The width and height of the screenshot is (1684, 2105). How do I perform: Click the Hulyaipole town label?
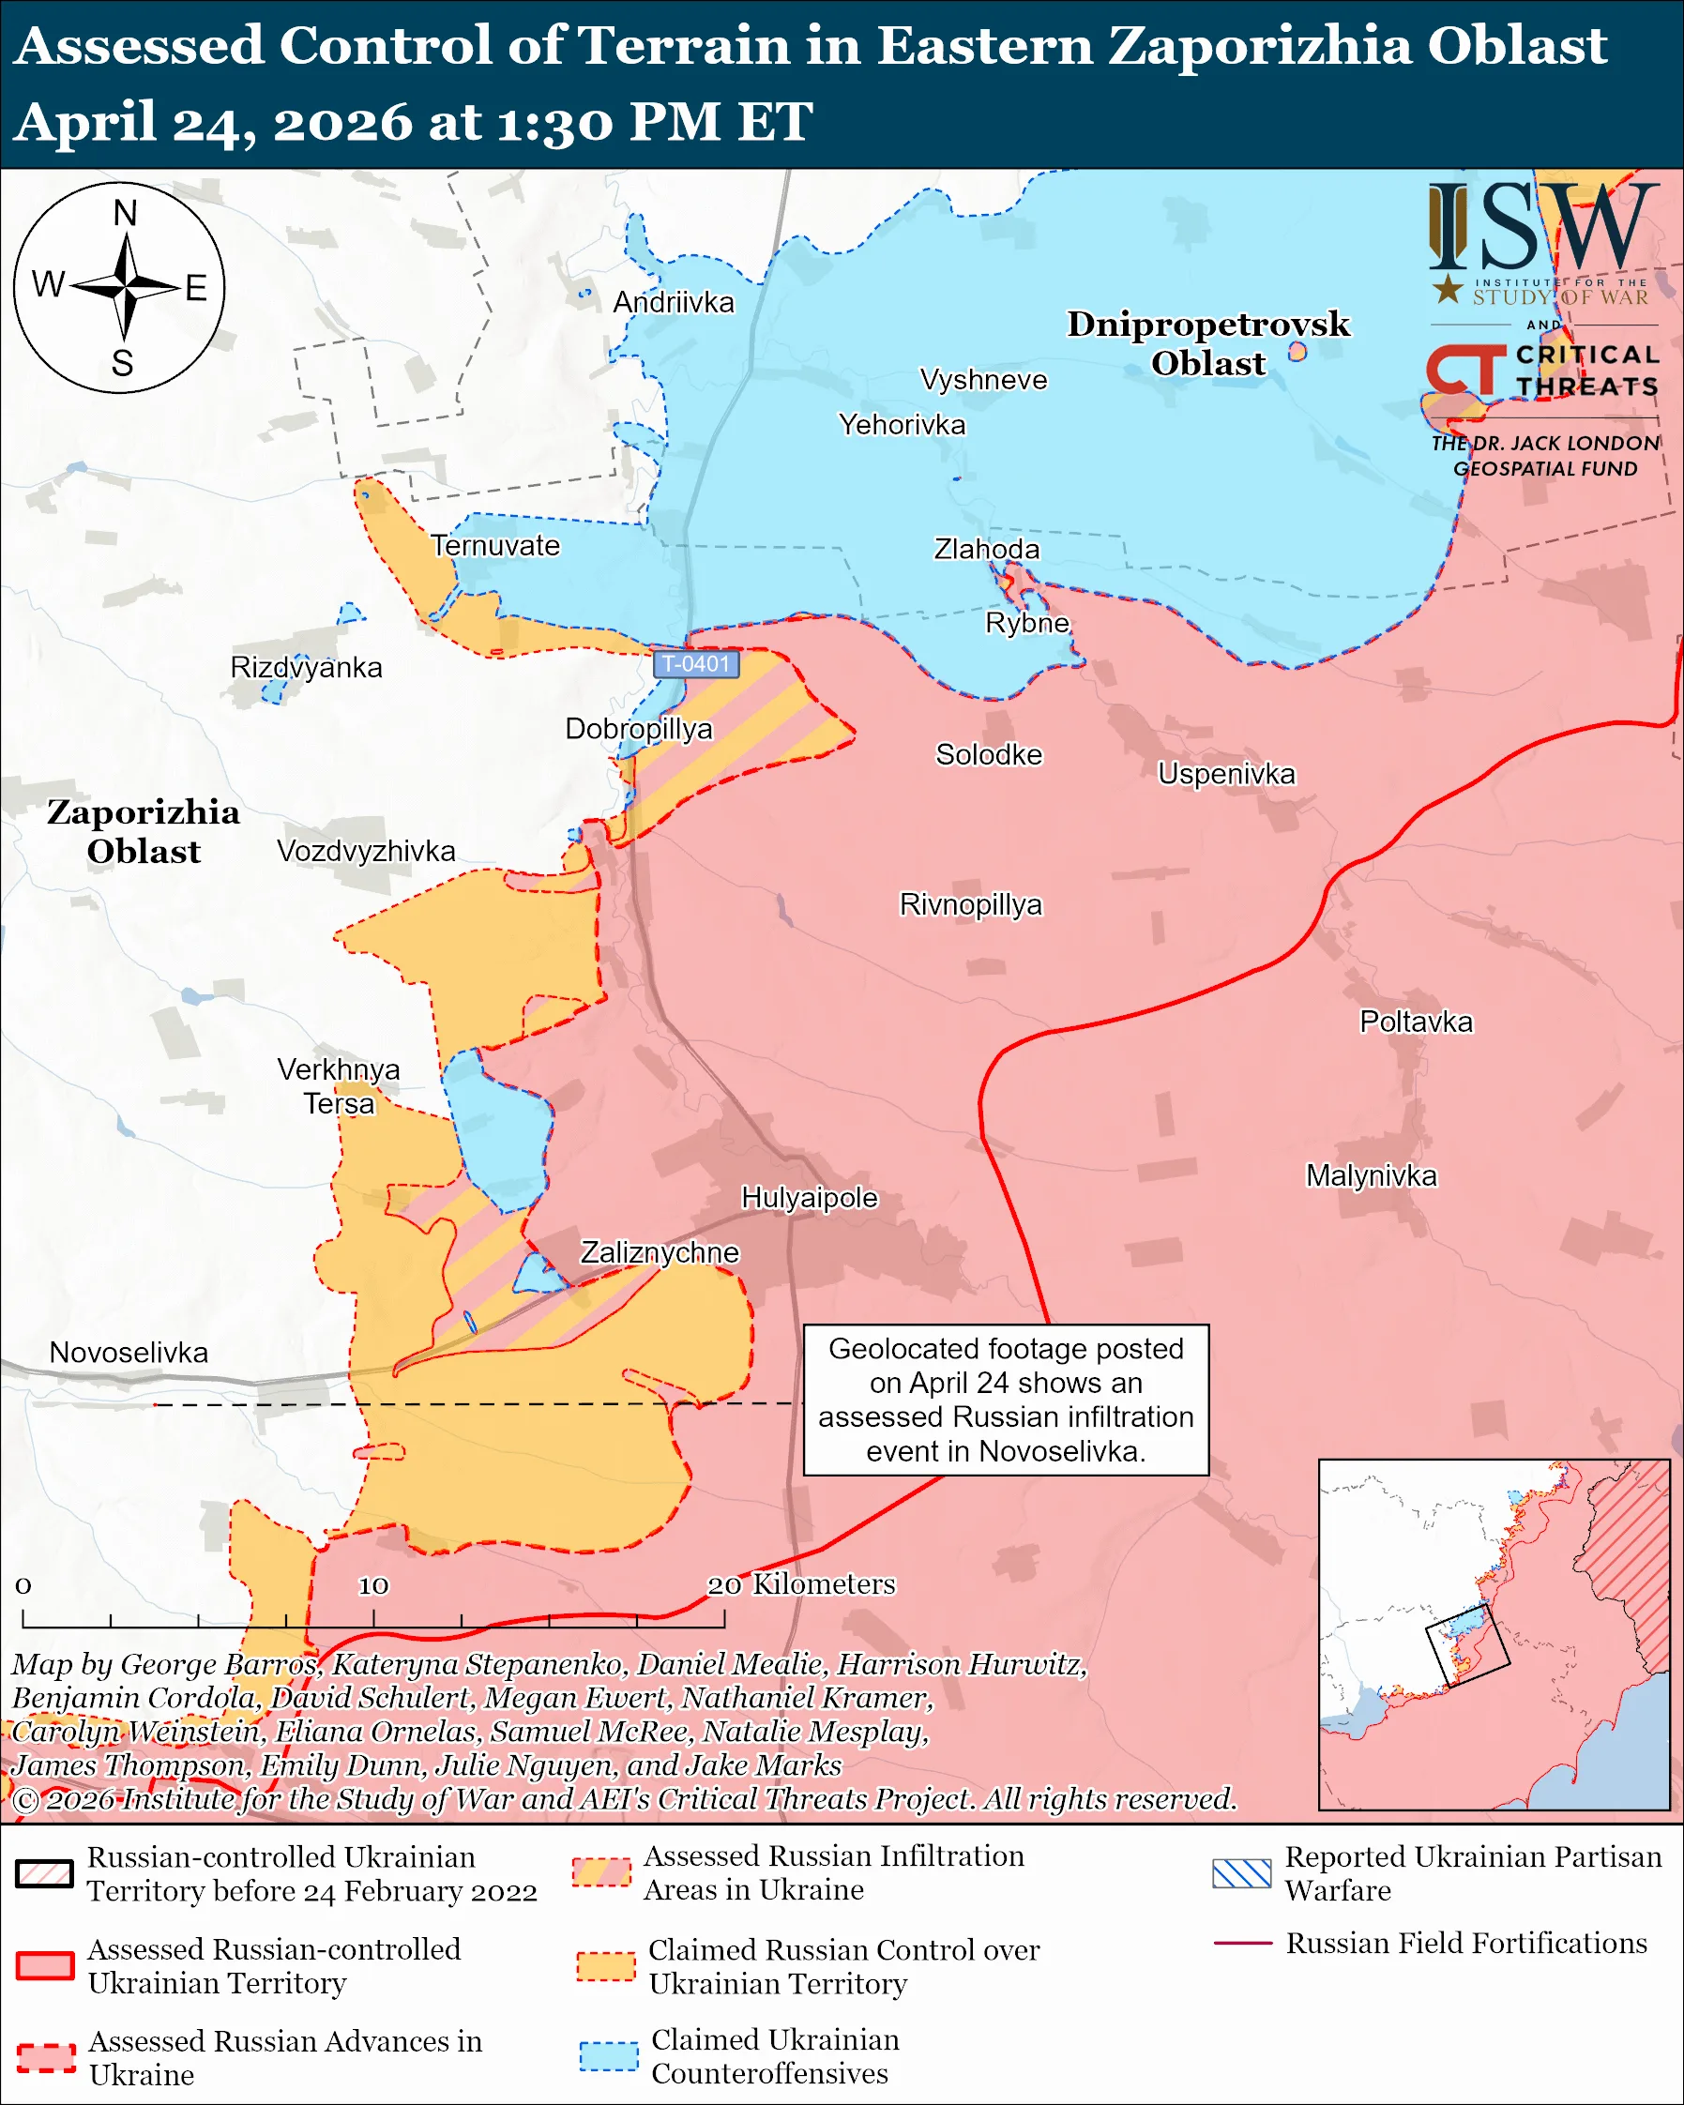[x=810, y=1197]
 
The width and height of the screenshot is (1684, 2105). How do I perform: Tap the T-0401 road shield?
[x=695, y=664]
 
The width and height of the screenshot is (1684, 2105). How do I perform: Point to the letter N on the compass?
[x=124, y=213]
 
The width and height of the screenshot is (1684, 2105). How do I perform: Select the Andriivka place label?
[x=673, y=303]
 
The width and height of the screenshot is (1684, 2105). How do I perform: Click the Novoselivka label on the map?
[x=129, y=1353]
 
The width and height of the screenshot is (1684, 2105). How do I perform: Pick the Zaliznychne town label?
[x=659, y=1252]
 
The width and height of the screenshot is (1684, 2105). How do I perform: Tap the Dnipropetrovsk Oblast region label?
[x=1207, y=342]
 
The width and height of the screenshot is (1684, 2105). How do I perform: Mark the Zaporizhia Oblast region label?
[x=144, y=831]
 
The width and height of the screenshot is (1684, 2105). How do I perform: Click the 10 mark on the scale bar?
[x=373, y=1585]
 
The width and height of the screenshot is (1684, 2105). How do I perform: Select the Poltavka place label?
[x=1416, y=1022]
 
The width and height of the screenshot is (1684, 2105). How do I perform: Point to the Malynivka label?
[x=1371, y=1175]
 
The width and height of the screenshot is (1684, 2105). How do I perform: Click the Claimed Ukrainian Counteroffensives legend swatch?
[x=608, y=2055]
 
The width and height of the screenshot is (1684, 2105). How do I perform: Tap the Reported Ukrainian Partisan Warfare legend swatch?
[x=1241, y=1873]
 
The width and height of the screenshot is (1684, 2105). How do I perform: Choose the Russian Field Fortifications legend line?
[x=1242, y=1943]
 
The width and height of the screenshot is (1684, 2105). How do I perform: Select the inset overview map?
[x=1494, y=1634]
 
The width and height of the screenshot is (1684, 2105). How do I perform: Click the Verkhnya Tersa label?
[x=338, y=1085]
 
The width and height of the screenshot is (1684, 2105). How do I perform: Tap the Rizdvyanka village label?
[x=306, y=668]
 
